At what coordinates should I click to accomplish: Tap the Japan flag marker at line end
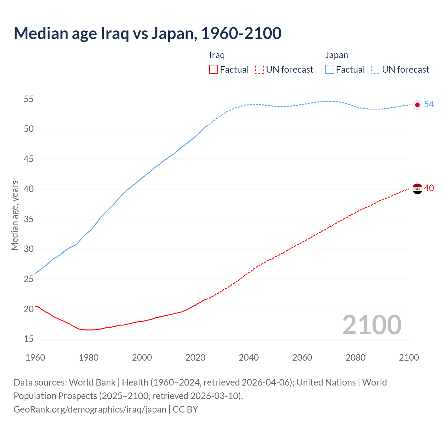point(417,105)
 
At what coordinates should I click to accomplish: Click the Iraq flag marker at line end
point(417,189)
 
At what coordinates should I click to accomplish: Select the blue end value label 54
point(429,104)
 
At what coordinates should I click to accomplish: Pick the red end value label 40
point(429,188)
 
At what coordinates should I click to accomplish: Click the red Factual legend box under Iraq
point(214,70)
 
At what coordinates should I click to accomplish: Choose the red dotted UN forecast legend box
point(260,70)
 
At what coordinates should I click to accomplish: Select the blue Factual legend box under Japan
point(329,70)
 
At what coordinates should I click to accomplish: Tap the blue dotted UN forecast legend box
point(376,70)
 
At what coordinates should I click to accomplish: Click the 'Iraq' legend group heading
point(217,55)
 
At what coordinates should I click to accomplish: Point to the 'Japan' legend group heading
point(336,55)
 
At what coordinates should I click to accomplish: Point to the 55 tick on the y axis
point(29,99)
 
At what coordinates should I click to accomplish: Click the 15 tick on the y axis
point(29,339)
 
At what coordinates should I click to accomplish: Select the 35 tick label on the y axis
point(29,219)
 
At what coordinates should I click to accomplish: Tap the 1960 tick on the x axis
point(35,358)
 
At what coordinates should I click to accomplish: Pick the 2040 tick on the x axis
point(248,358)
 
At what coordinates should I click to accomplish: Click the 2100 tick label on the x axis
point(409,358)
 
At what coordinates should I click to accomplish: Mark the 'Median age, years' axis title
point(15,215)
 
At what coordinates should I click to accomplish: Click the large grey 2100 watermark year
point(372,325)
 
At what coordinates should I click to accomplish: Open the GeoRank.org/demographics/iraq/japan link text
point(90,409)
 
